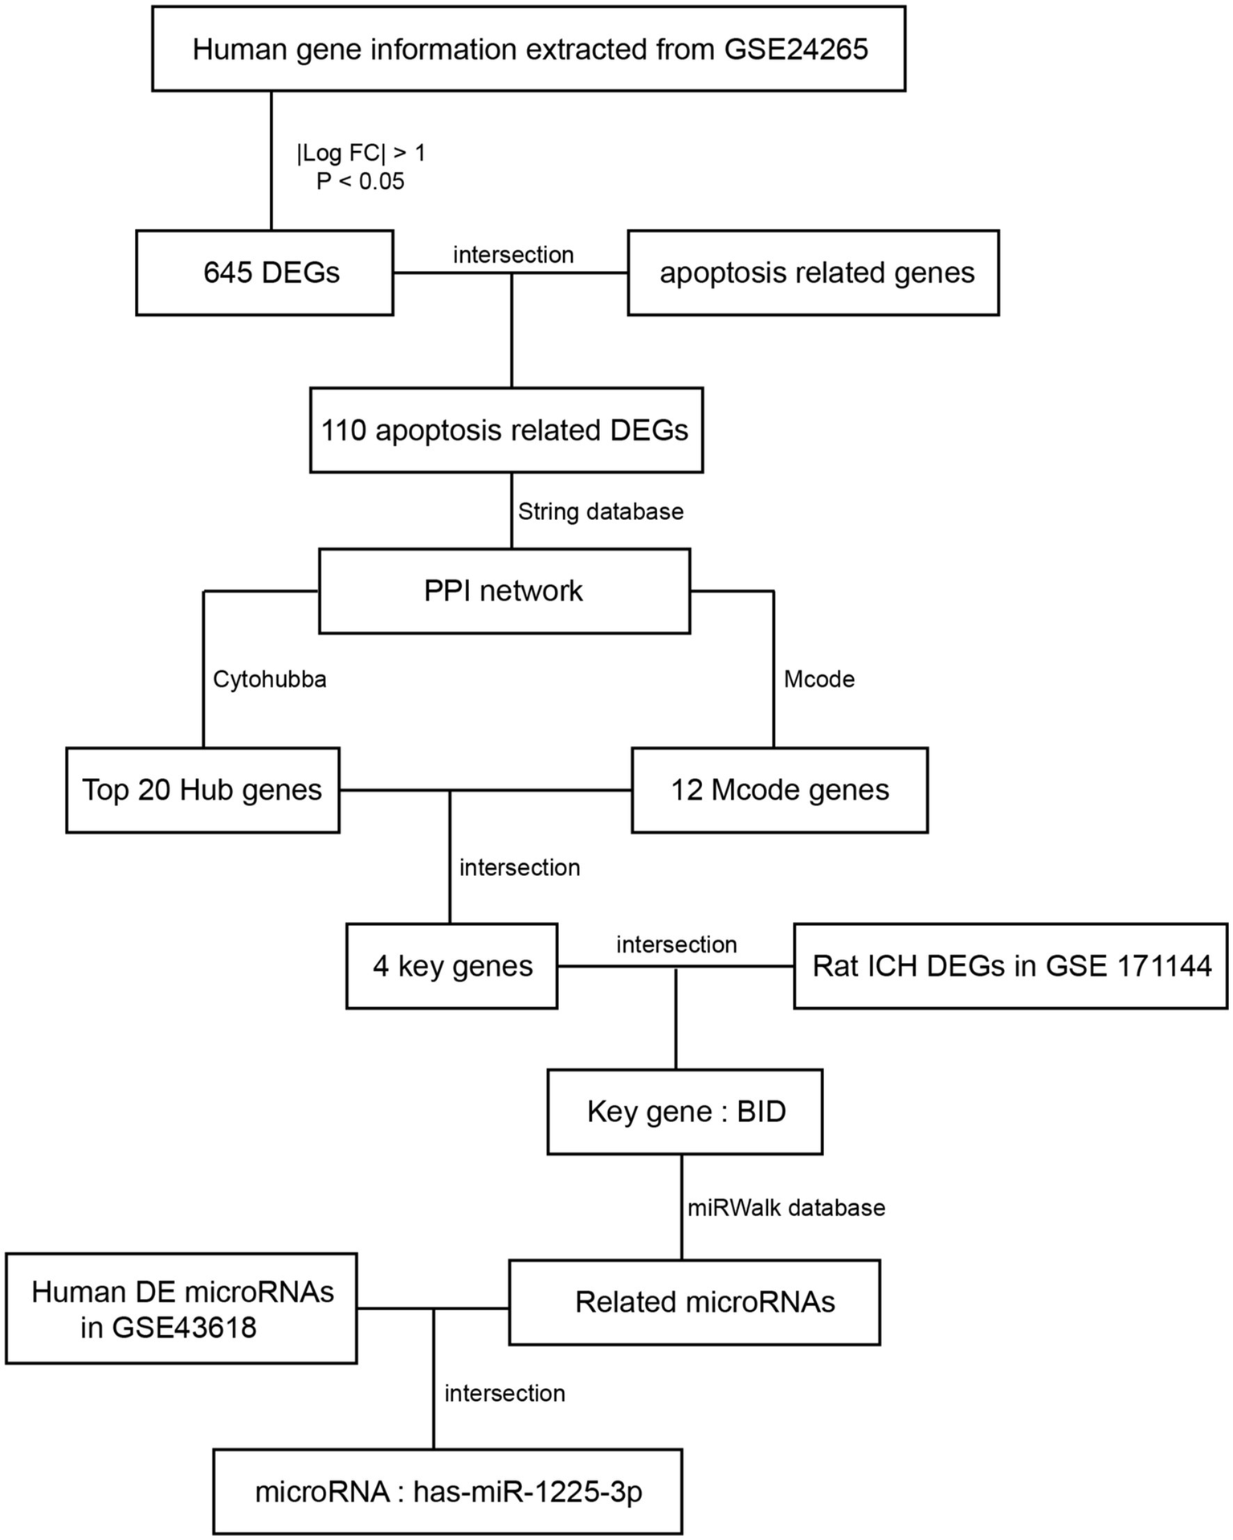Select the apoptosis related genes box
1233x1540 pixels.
[813, 272]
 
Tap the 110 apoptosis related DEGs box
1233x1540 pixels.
[506, 430]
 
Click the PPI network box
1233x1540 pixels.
[504, 591]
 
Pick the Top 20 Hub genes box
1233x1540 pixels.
[202, 790]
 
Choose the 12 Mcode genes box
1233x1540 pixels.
[779, 790]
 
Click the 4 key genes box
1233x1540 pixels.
[451, 965]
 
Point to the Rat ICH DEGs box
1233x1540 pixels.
[1010, 965]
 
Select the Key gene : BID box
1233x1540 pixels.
[684, 1112]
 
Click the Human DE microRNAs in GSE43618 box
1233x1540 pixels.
[181, 1308]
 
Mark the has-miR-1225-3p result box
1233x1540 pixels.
[447, 1491]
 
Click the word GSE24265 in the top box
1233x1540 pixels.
[795, 50]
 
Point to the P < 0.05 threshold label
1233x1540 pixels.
[360, 182]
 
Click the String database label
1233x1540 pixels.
[600, 512]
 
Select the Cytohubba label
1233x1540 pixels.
[269, 679]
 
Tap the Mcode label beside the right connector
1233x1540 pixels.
[819, 679]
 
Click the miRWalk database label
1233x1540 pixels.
[786, 1207]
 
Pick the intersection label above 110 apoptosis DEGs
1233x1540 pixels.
[512, 255]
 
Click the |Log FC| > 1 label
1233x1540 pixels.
[361, 153]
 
